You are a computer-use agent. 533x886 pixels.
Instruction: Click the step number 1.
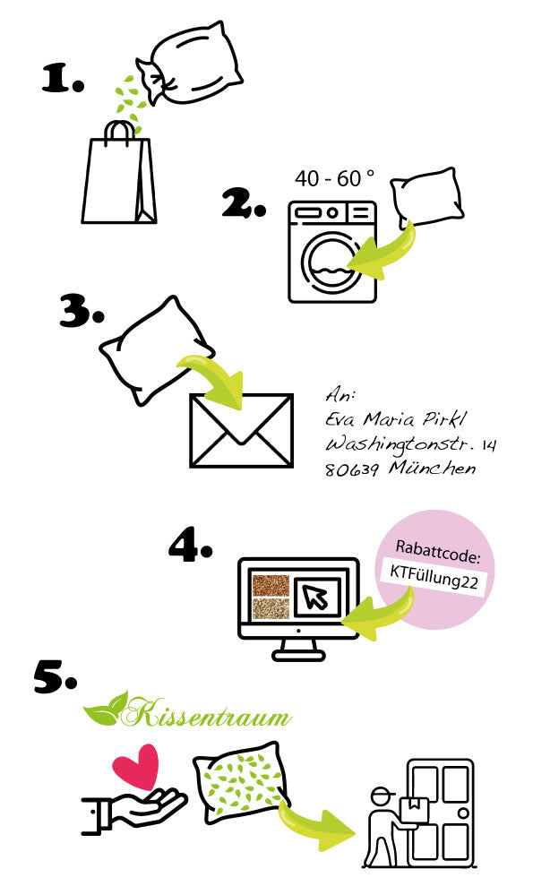(x=63, y=79)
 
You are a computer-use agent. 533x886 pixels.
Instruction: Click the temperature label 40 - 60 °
(x=335, y=178)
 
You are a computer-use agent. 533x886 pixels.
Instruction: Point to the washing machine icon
(x=332, y=252)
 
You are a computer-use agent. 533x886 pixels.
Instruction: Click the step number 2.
(x=244, y=204)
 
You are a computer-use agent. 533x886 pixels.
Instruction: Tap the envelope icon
(x=241, y=431)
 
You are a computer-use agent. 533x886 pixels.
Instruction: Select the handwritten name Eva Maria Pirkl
(x=396, y=418)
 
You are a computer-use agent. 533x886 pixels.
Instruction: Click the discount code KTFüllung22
(x=434, y=578)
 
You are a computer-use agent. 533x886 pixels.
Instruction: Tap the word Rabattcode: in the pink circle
(x=438, y=553)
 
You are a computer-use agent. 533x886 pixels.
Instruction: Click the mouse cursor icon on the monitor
(x=315, y=598)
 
